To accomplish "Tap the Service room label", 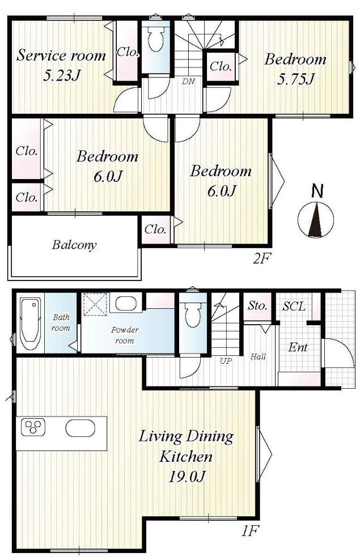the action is (61, 56).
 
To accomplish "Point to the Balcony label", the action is (74, 245).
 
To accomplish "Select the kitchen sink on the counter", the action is (81, 428).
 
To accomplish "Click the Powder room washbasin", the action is (126, 303).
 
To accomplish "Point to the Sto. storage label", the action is (257, 305).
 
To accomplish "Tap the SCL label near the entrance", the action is (294, 306).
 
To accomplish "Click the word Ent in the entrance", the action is (298, 347).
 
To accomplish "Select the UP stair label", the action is (226, 361).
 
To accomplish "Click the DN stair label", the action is (188, 82).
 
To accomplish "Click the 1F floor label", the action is (249, 531).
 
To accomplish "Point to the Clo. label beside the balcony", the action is (155, 229).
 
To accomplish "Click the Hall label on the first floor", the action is (258, 356).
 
